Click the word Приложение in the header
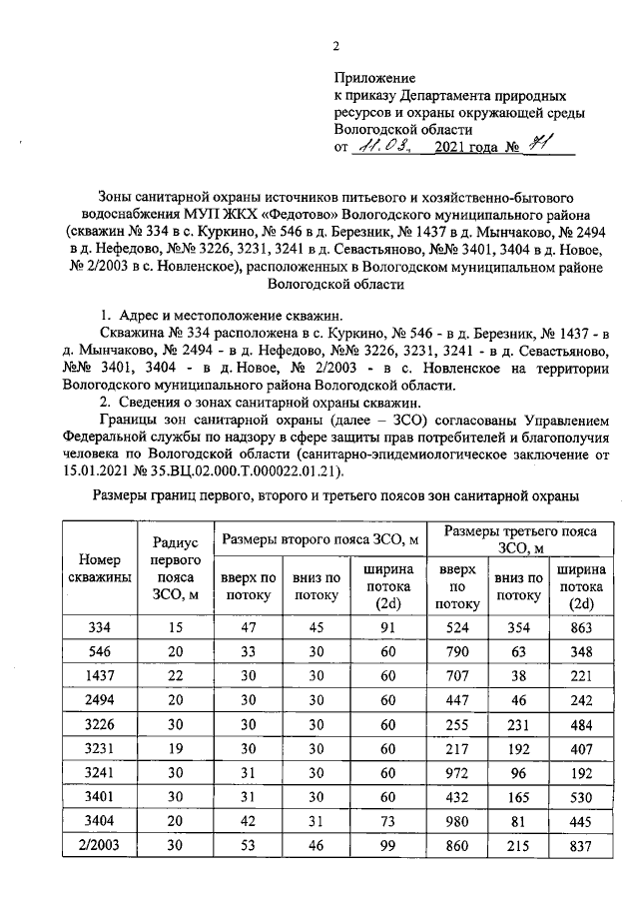tap(374, 78)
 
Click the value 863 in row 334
tap(580, 627)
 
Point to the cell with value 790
tap(458, 652)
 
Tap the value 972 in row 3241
tap(458, 773)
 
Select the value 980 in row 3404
tap(458, 822)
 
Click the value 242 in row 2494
tap(580, 700)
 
